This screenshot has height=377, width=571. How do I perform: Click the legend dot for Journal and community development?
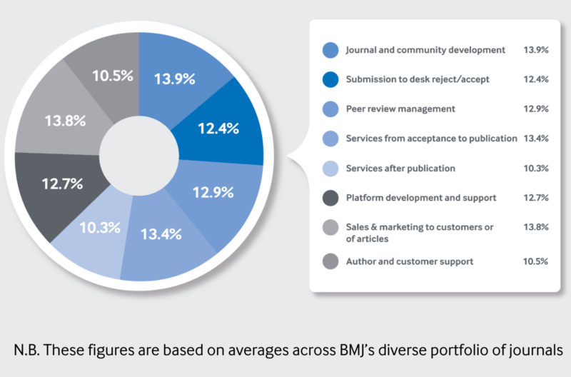click(330, 50)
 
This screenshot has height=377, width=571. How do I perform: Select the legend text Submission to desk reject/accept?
click(418, 79)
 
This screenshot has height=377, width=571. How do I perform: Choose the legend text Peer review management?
click(400, 109)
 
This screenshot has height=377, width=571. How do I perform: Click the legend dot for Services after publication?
click(330, 168)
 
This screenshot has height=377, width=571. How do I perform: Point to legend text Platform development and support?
click(420, 197)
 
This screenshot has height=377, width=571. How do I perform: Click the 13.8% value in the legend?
click(535, 227)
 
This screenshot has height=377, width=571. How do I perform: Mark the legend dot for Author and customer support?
click(330, 261)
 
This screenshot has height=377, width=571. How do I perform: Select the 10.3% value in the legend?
click(535, 168)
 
